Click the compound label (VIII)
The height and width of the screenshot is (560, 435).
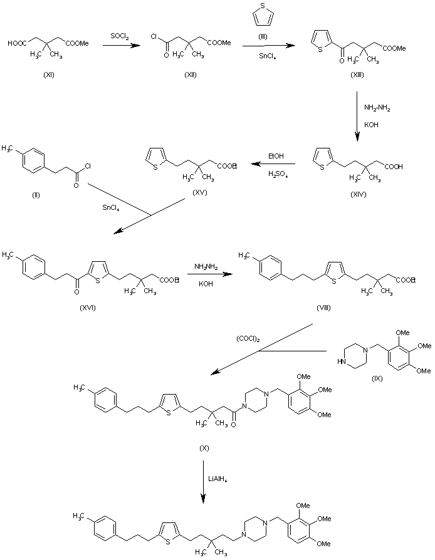[x=323, y=309]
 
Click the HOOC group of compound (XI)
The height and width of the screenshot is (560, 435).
[x=17, y=43]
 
